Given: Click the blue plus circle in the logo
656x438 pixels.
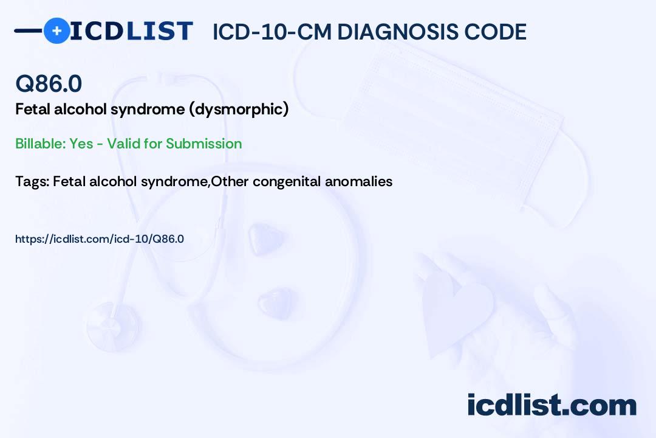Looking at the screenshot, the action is (56, 31).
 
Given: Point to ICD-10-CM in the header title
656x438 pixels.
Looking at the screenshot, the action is (272, 32).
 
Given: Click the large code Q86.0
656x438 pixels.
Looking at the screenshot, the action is (49, 83).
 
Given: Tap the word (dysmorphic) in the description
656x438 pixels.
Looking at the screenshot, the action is (239, 109).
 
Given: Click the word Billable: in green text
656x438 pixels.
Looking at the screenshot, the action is (40, 144).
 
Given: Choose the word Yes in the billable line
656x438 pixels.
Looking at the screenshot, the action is (81, 144).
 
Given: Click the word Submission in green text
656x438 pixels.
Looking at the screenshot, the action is (203, 144).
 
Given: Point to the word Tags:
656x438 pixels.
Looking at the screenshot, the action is (33, 181).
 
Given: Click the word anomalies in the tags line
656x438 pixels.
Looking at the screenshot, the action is (358, 181).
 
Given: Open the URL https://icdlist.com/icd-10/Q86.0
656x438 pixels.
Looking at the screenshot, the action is (100, 239).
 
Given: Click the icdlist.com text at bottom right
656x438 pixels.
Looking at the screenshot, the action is (552, 405).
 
